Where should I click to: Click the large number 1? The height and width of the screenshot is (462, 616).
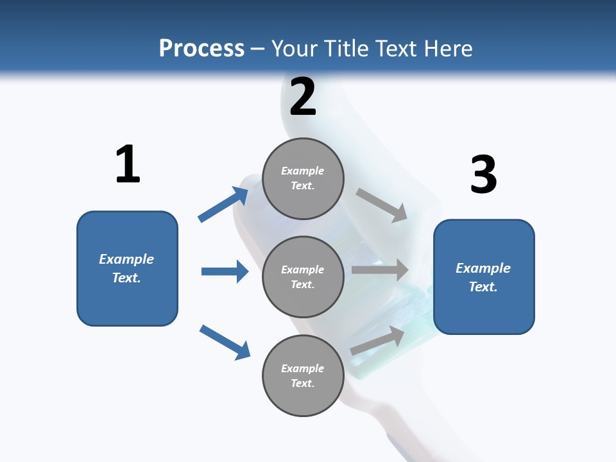(x=128, y=164)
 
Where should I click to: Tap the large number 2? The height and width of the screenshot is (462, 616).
(x=303, y=96)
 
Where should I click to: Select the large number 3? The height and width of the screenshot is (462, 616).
(x=483, y=175)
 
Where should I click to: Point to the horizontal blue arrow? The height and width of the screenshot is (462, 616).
(x=225, y=271)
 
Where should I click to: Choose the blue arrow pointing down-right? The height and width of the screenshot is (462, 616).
(x=225, y=342)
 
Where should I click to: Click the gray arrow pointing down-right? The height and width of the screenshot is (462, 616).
(x=382, y=205)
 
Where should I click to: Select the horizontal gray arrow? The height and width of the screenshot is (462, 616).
(x=380, y=270)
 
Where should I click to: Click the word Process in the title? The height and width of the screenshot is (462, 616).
(x=201, y=48)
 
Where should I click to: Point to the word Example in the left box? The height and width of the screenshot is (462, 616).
(x=126, y=259)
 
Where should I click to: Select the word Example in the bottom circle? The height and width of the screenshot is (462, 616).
(x=302, y=368)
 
